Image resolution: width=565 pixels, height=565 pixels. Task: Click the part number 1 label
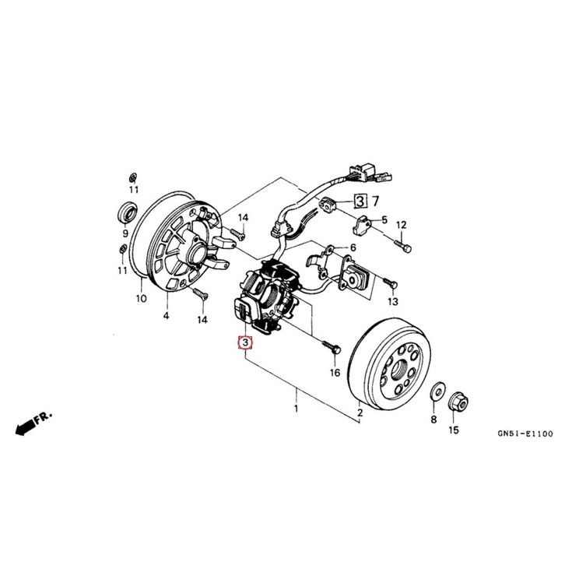[x=296, y=407]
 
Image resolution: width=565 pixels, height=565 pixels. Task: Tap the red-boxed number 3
[x=246, y=342]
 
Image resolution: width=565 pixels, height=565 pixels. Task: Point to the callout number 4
[x=166, y=316]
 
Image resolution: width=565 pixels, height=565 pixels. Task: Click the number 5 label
[x=383, y=221]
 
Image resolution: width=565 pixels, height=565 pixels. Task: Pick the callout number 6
[x=353, y=247]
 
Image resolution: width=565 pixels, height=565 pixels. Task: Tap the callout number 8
[x=433, y=420]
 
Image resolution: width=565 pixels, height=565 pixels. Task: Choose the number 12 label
[x=402, y=225]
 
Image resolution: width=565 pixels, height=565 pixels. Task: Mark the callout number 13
[x=393, y=301]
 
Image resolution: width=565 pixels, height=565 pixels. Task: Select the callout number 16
[x=335, y=373]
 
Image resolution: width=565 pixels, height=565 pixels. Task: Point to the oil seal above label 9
[x=125, y=210]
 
